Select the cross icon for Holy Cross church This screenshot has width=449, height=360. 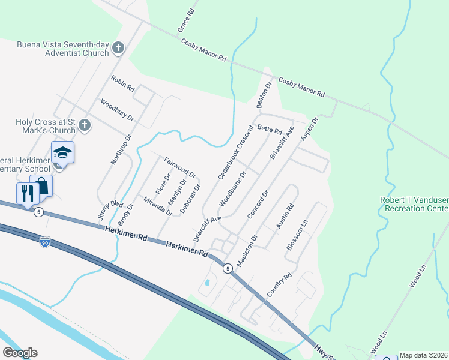(85, 125)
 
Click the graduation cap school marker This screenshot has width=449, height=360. (62, 153)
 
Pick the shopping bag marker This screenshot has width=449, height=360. (41, 185)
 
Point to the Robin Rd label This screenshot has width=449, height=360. (122, 83)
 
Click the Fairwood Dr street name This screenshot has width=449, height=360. (180, 166)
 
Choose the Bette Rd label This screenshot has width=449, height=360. (269, 129)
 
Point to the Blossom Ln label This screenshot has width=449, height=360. (297, 235)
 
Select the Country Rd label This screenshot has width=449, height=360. (279, 285)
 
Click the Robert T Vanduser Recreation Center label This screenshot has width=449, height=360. (414, 204)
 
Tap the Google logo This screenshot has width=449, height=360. (19, 353)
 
